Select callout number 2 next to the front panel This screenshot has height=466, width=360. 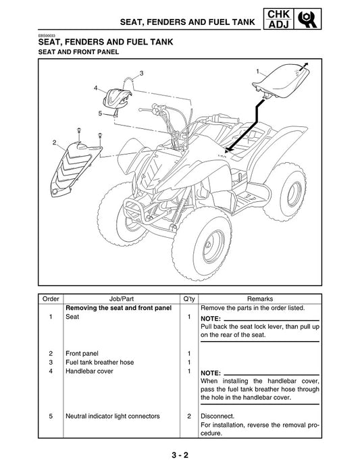53,143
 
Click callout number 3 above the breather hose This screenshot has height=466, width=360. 141,72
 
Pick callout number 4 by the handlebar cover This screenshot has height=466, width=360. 96,88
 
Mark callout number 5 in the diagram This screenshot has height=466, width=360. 100,113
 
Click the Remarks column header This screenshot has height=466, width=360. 260,299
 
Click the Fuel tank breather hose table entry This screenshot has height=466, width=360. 100,362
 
